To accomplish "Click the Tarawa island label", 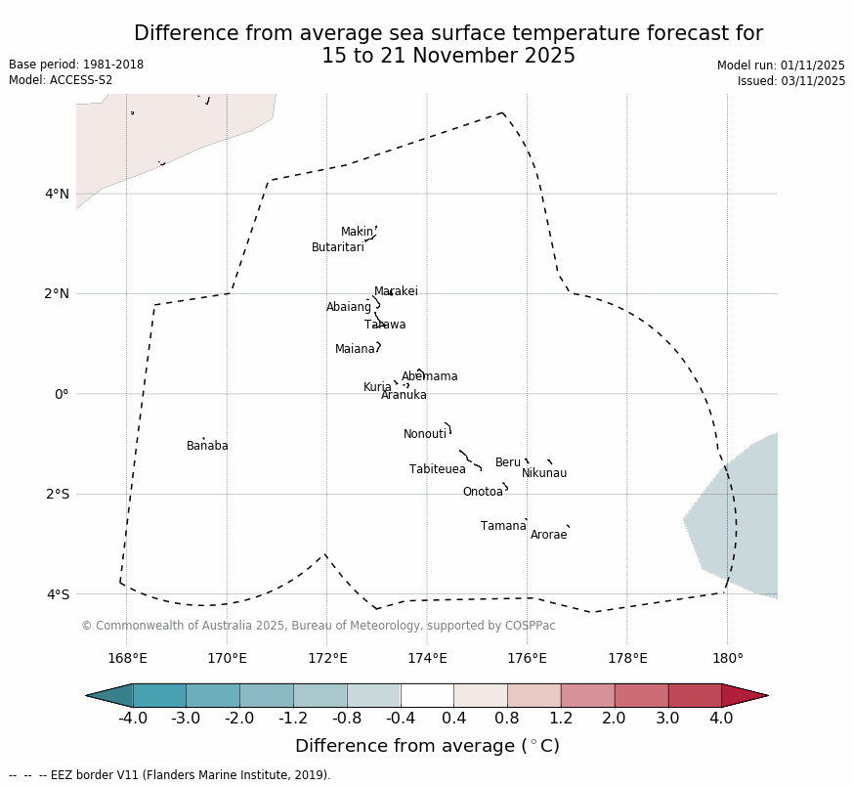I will pos(385,325).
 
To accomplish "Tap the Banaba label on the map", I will pos(207,446).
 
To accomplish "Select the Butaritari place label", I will pos(337,247).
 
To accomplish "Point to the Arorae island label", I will pos(548,535).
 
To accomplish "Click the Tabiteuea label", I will pos(437,469).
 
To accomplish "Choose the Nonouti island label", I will pos(424,434).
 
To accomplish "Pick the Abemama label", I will pos(429,376).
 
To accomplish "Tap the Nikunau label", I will pos(543,473).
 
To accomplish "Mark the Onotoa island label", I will pos(483,492).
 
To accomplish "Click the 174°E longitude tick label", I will pos(427,658).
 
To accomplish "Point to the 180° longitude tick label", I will pos(727,658).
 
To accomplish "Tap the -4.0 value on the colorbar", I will pos(133,719).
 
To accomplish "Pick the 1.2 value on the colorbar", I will pos(561,719).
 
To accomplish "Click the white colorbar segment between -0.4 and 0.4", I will pos(427,695).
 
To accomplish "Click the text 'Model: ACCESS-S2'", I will pos(61,80).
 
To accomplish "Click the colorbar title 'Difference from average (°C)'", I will pos(427,746).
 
